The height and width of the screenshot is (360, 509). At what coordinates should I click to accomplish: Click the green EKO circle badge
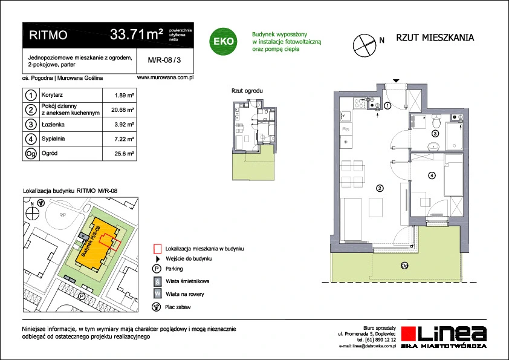click(x=223, y=41)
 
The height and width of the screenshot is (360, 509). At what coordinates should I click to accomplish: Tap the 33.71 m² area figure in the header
click(x=137, y=34)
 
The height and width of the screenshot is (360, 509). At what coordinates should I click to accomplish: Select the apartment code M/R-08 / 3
click(x=164, y=60)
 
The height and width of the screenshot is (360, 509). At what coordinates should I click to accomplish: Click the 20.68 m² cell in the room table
click(x=122, y=110)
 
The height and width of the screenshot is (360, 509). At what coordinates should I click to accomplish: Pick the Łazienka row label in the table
click(x=53, y=125)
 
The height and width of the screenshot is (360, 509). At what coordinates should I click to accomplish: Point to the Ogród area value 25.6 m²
click(x=125, y=154)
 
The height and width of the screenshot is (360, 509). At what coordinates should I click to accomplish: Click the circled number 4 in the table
click(x=31, y=139)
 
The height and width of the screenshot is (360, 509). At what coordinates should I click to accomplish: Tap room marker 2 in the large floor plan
click(x=380, y=188)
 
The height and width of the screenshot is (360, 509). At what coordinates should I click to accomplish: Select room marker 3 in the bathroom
click(x=435, y=133)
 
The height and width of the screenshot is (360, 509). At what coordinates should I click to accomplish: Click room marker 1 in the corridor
click(x=387, y=106)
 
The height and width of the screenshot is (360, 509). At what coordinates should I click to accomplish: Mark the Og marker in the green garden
click(x=404, y=266)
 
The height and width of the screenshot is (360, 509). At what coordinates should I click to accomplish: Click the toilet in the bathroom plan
click(x=436, y=122)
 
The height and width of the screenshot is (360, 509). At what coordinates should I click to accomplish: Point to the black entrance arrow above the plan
click(x=396, y=80)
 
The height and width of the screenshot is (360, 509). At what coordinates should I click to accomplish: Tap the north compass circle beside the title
click(x=365, y=45)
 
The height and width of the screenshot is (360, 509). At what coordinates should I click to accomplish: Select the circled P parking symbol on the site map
click(x=82, y=296)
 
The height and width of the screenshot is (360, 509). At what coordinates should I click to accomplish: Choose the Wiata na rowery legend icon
click(x=157, y=293)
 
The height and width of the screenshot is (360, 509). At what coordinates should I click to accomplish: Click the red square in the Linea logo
click(x=409, y=334)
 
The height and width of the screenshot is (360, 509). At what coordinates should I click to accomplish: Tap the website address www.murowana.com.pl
click(x=165, y=77)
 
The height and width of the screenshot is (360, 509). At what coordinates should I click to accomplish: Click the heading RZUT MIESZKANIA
click(x=435, y=38)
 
